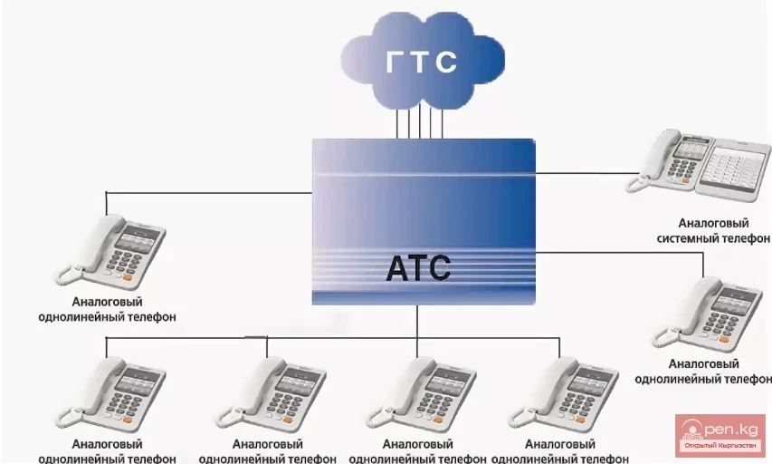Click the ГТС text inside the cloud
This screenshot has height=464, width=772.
click(x=422, y=62)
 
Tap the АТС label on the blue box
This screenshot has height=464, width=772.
click(x=417, y=269)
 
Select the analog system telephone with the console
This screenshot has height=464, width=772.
click(x=695, y=162)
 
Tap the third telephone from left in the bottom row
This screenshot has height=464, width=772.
click(x=416, y=391)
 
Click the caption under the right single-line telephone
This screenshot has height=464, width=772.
click(x=703, y=372)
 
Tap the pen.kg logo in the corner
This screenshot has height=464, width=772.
click(x=720, y=437)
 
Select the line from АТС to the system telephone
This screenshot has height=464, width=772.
click(x=588, y=172)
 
